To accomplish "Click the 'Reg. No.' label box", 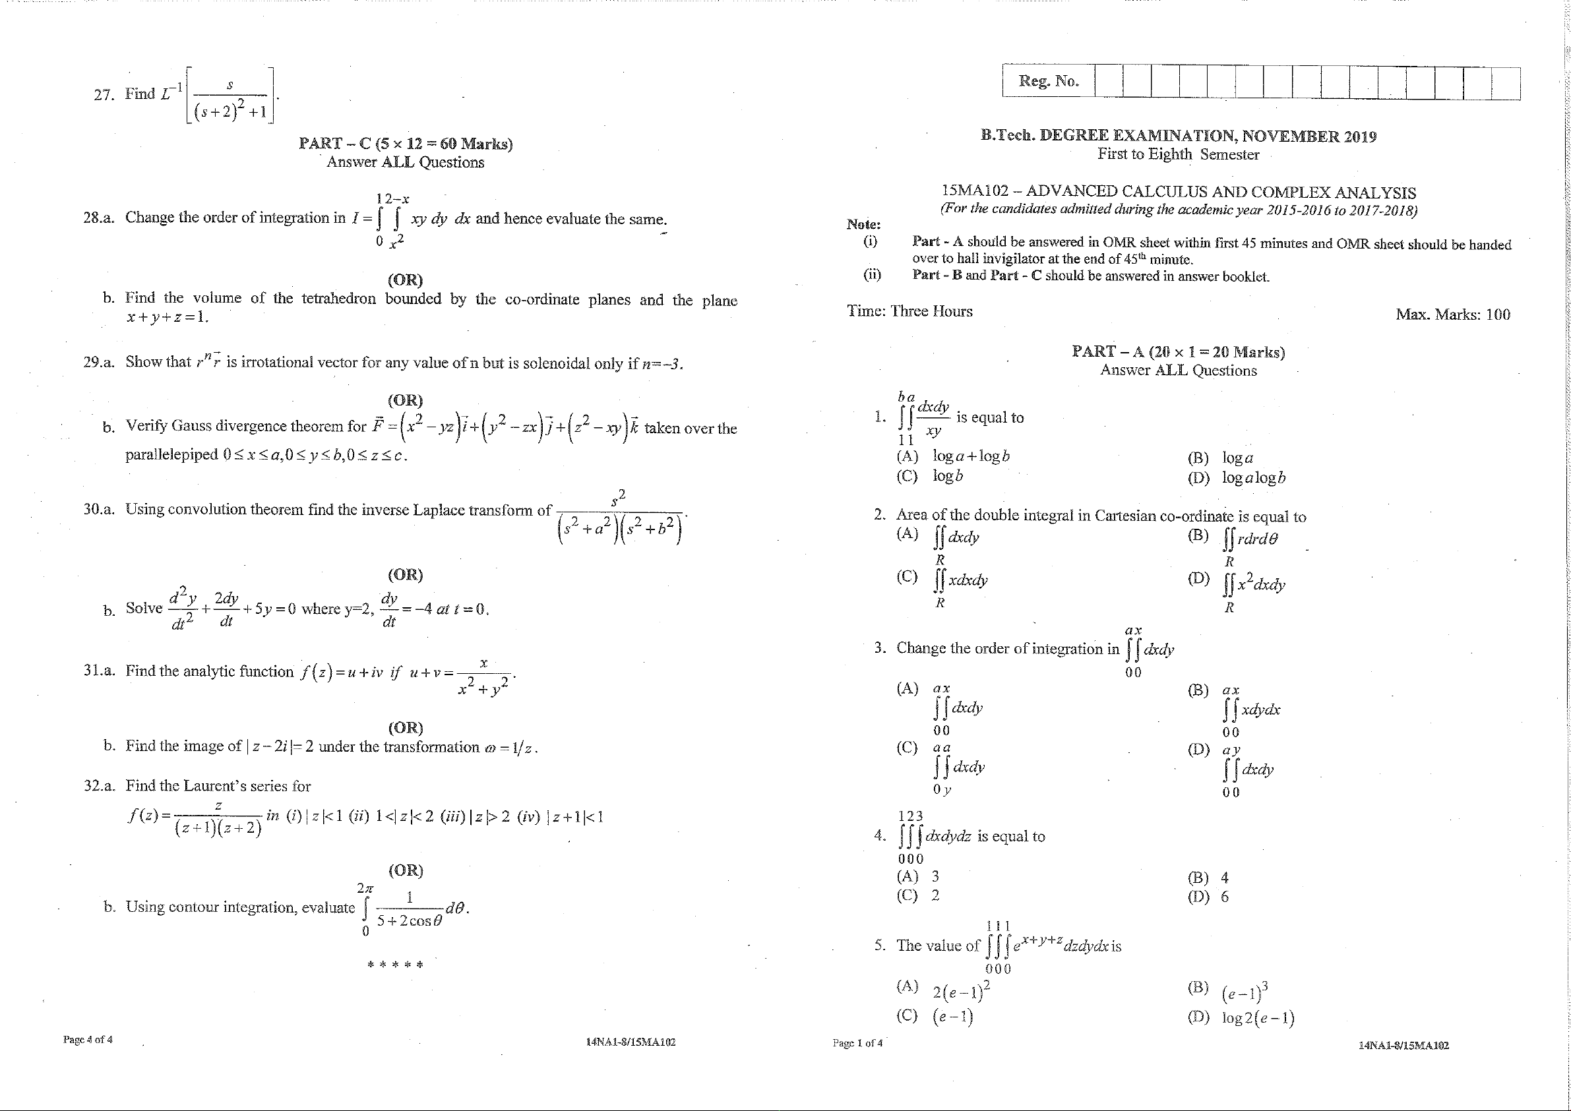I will click(1047, 81).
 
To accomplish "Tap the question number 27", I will click(104, 94).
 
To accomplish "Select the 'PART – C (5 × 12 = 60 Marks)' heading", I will click(405, 144).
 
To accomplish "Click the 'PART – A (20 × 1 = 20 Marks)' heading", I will click(1177, 351).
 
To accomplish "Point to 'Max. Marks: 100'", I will click(1453, 315).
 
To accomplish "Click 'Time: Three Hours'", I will click(909, 311).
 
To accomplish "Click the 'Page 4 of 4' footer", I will click(88, 1040).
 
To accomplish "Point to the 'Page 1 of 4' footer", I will click(857, 1043).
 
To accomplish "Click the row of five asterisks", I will click(396, 965).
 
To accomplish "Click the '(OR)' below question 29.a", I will click(405, 400).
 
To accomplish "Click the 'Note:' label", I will click(863, 224).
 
